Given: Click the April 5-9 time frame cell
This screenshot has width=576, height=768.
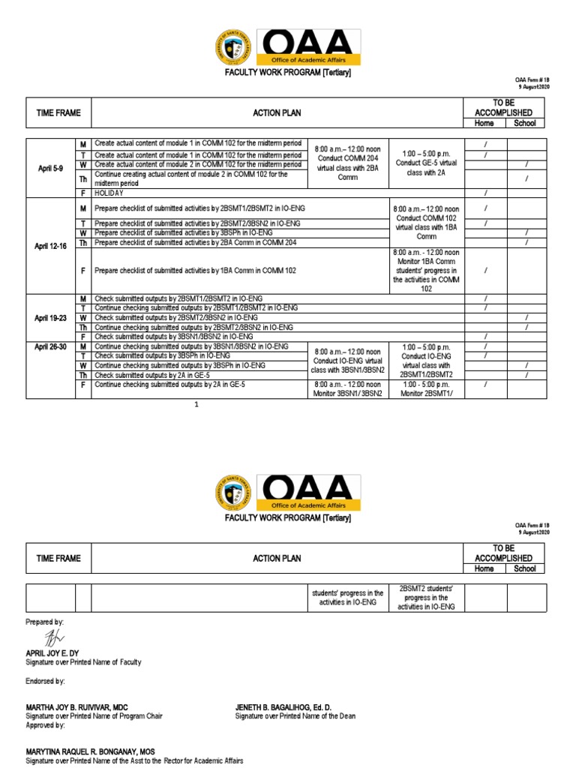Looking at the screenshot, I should (50, 169).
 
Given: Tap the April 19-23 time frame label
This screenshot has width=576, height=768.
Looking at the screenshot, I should (50, 317).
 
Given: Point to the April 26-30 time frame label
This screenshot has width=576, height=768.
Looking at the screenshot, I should (50, 346).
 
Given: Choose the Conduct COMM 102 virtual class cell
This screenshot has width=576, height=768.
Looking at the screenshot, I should (426, 222).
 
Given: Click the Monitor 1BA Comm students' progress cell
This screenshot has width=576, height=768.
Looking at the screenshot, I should (426, 270).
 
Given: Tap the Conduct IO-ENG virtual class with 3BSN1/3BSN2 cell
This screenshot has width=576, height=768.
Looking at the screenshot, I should (347, 360).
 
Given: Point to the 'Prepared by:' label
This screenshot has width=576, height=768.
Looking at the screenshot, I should (45, 622).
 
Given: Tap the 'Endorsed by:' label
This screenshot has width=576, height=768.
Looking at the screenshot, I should (45, 681).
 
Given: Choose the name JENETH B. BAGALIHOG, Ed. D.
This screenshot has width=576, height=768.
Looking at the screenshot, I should (283, 707).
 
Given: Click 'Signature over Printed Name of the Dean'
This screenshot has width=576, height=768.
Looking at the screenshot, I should (295, 716).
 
